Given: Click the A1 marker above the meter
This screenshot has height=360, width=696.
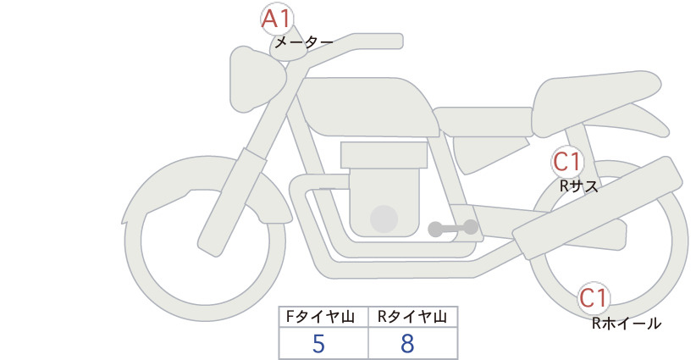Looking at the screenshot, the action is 277,19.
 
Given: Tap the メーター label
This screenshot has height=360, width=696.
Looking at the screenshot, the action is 304,42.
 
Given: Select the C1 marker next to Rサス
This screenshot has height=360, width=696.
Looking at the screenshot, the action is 567,162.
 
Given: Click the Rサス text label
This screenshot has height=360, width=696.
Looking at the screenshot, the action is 579,186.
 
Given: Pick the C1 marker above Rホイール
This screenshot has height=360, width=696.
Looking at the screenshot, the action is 593,298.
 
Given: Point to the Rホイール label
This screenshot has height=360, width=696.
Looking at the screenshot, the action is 627,324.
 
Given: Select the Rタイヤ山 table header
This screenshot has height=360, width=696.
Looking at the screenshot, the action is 412,317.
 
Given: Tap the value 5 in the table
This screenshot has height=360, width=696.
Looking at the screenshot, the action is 318,344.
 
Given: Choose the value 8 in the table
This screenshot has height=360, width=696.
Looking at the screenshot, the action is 407,344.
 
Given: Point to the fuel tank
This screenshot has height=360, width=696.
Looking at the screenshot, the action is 368,107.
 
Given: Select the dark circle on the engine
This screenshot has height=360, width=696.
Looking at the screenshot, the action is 384,219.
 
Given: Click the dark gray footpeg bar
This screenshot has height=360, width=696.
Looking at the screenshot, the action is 453,228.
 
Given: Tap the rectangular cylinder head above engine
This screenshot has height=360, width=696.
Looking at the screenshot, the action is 384,155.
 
